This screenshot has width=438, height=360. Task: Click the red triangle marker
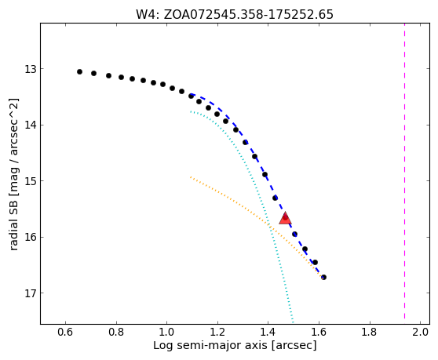coord(285,218)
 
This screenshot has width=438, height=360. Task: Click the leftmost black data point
coord(79,71)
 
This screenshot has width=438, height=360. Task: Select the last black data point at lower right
coord(323,277)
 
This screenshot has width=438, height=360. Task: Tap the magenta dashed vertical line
coord(404,173)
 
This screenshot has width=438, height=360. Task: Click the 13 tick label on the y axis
coord(31,69)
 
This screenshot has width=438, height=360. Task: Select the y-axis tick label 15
coord(31,181)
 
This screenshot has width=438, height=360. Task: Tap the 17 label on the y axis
coord(31,293)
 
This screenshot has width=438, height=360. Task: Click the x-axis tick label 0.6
coord(65,333)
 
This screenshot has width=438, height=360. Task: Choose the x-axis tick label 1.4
coord(268,333)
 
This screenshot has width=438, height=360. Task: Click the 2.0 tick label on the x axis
coord(421,333)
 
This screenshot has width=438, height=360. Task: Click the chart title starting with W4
coord(235,15)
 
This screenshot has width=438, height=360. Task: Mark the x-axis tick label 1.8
coord(370,333)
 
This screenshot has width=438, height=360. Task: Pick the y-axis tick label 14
coord(31,125)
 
